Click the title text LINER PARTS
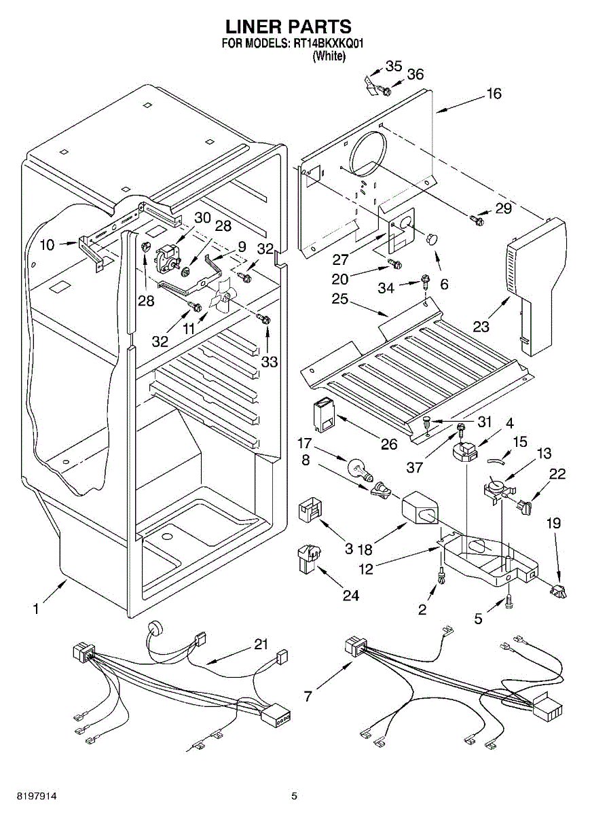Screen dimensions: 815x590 [x=289, y=26]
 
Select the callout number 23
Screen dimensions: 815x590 [x=481, y=327]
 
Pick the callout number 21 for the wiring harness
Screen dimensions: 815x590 [x=261, y=644]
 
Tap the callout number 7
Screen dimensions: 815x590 [x=308, y=696]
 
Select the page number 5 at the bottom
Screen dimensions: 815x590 [x=294, y=795]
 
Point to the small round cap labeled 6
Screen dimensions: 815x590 [x=431, y=238]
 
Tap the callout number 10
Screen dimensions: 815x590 [x=46, y=245]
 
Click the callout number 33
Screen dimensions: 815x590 [x=270, y=362]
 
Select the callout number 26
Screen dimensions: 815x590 [x=388, y=445]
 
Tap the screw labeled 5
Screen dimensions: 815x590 [x=509, y=600]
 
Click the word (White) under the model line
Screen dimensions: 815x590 [x=329, y=57]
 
